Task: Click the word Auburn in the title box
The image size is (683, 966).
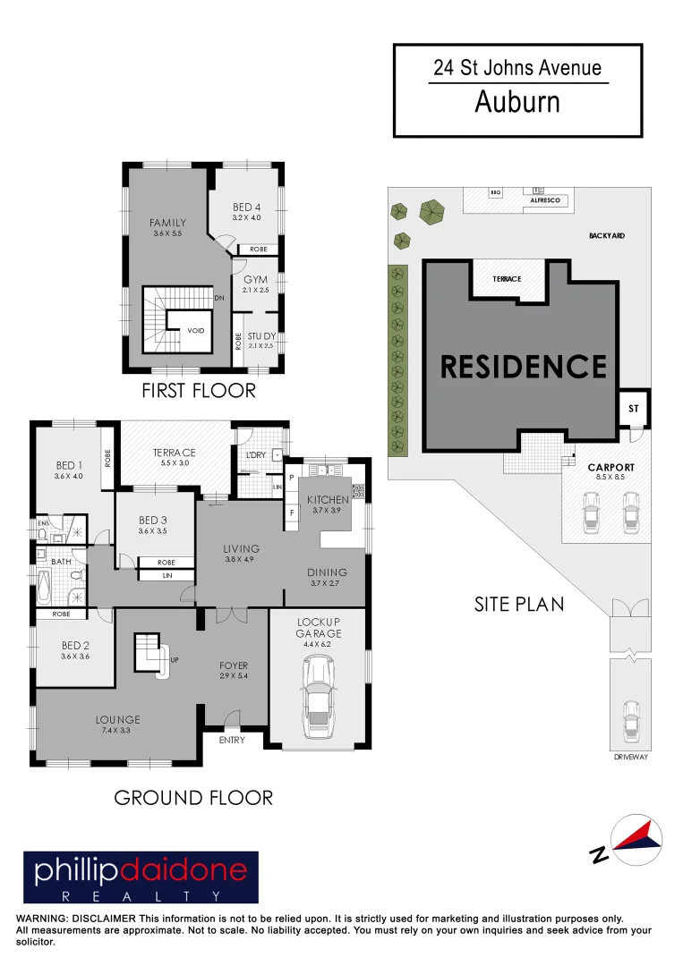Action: point(517,102)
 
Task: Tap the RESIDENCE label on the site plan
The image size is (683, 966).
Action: point(524,367)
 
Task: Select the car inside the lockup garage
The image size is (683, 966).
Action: point(320,695)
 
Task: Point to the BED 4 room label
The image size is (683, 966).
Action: point(246,208)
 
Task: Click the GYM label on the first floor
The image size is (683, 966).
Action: point(256,280)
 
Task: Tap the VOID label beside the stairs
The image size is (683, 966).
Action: point(195,331)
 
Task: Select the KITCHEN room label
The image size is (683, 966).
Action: point(328,499)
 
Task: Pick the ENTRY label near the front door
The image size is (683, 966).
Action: point(233,740)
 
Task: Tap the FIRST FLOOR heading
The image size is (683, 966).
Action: point(199,391)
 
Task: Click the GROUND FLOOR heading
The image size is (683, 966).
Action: point(193,797)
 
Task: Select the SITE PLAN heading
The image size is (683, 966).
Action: point(519,604)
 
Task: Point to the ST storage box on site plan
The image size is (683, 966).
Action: point(634,408)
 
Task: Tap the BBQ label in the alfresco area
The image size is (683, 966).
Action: point(495,192)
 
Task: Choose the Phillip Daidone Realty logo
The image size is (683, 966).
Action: point(141,877)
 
